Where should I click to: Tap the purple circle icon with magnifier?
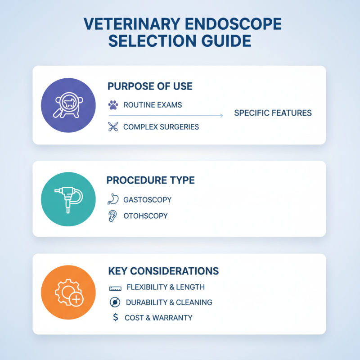coord(68,105)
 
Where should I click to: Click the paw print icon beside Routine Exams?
coord(113,105)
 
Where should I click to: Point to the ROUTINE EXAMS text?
coord(153,105)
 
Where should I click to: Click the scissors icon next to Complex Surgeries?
coord(113,126)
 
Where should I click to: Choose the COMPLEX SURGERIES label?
coord(161,127)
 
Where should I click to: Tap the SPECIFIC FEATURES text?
coord(273,112)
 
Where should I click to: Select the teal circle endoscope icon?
coord(68,198)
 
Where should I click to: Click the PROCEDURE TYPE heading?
coord(150,180)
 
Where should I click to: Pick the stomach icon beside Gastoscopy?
coord(113,199)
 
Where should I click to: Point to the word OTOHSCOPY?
coord(145,216)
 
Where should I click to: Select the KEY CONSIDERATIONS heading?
coord(163,271)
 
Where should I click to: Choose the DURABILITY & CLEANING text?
coord(169,302)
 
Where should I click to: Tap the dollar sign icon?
coord(115,318)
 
